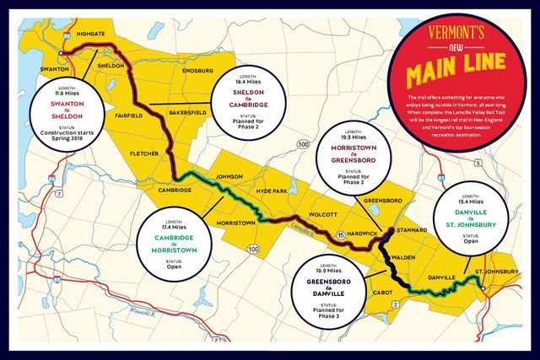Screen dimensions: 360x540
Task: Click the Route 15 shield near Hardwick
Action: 340,234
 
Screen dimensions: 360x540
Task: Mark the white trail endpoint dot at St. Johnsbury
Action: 482,287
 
